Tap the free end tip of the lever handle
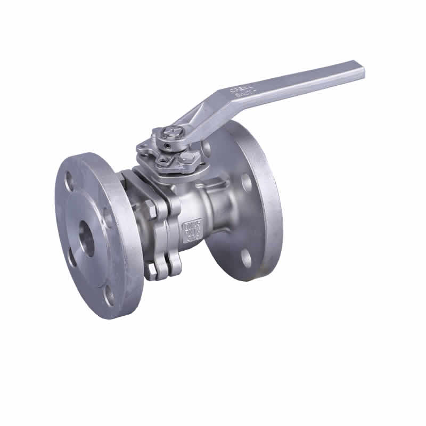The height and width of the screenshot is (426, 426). click(x=362, y=70)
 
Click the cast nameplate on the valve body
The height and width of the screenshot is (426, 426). click(x=191, y=230)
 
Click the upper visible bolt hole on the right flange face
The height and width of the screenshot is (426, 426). click(x=247, y=182)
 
